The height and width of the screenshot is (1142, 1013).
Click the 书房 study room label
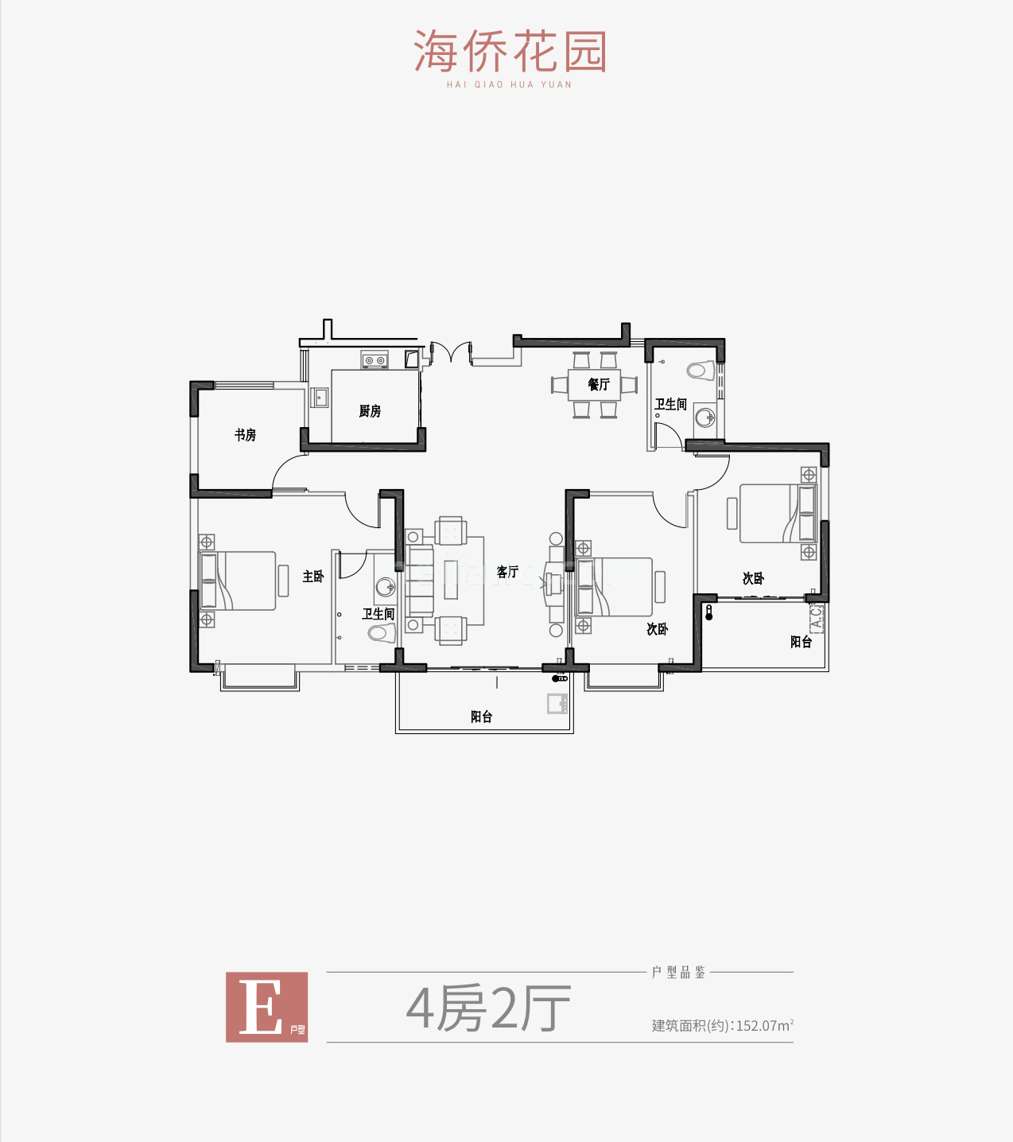coord(245,434)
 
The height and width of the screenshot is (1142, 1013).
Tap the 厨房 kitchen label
coord(370,411)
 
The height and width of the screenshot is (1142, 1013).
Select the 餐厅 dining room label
coord(599,384)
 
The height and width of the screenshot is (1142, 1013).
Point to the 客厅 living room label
coord(507,572)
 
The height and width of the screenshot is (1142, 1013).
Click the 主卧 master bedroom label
coord(313,576)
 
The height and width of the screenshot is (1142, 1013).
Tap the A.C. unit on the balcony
coord(817,617)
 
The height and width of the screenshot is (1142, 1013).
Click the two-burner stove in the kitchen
coord(375,359)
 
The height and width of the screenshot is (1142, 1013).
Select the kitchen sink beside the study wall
coord(320,398)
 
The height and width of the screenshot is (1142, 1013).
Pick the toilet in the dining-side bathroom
coord(701,371)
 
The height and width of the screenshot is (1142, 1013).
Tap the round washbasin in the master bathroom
coord(386,588)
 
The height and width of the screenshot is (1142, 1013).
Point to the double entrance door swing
coord(451,353)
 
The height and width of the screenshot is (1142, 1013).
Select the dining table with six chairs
coord(594,384)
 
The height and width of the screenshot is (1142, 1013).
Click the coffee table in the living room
coord(451,580)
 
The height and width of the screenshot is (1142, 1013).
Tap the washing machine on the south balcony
coord(557,704)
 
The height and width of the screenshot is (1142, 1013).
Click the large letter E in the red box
coord(261,1007)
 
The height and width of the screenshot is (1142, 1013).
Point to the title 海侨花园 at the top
coord(510,51)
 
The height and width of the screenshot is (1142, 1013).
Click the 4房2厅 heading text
coord(488,1008)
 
